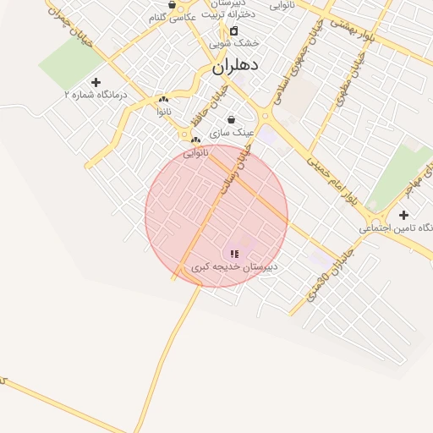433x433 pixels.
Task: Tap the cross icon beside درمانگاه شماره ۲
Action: click(x=96, y=83)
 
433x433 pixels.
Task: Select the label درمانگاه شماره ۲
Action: click(x=96, y=96)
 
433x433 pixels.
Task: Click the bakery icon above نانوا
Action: click(x=163, y=99)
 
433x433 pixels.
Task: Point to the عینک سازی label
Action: click(x=231, y=133)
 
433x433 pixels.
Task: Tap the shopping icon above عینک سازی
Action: click(x=231, y=120)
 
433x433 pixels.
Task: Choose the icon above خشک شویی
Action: click(x=234, y=30)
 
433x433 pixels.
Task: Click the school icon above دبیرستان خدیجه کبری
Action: click(x=234, y=254)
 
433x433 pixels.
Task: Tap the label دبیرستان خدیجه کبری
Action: click(x=234, y=266)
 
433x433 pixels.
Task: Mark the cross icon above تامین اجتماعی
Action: click(x=403, y=215)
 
